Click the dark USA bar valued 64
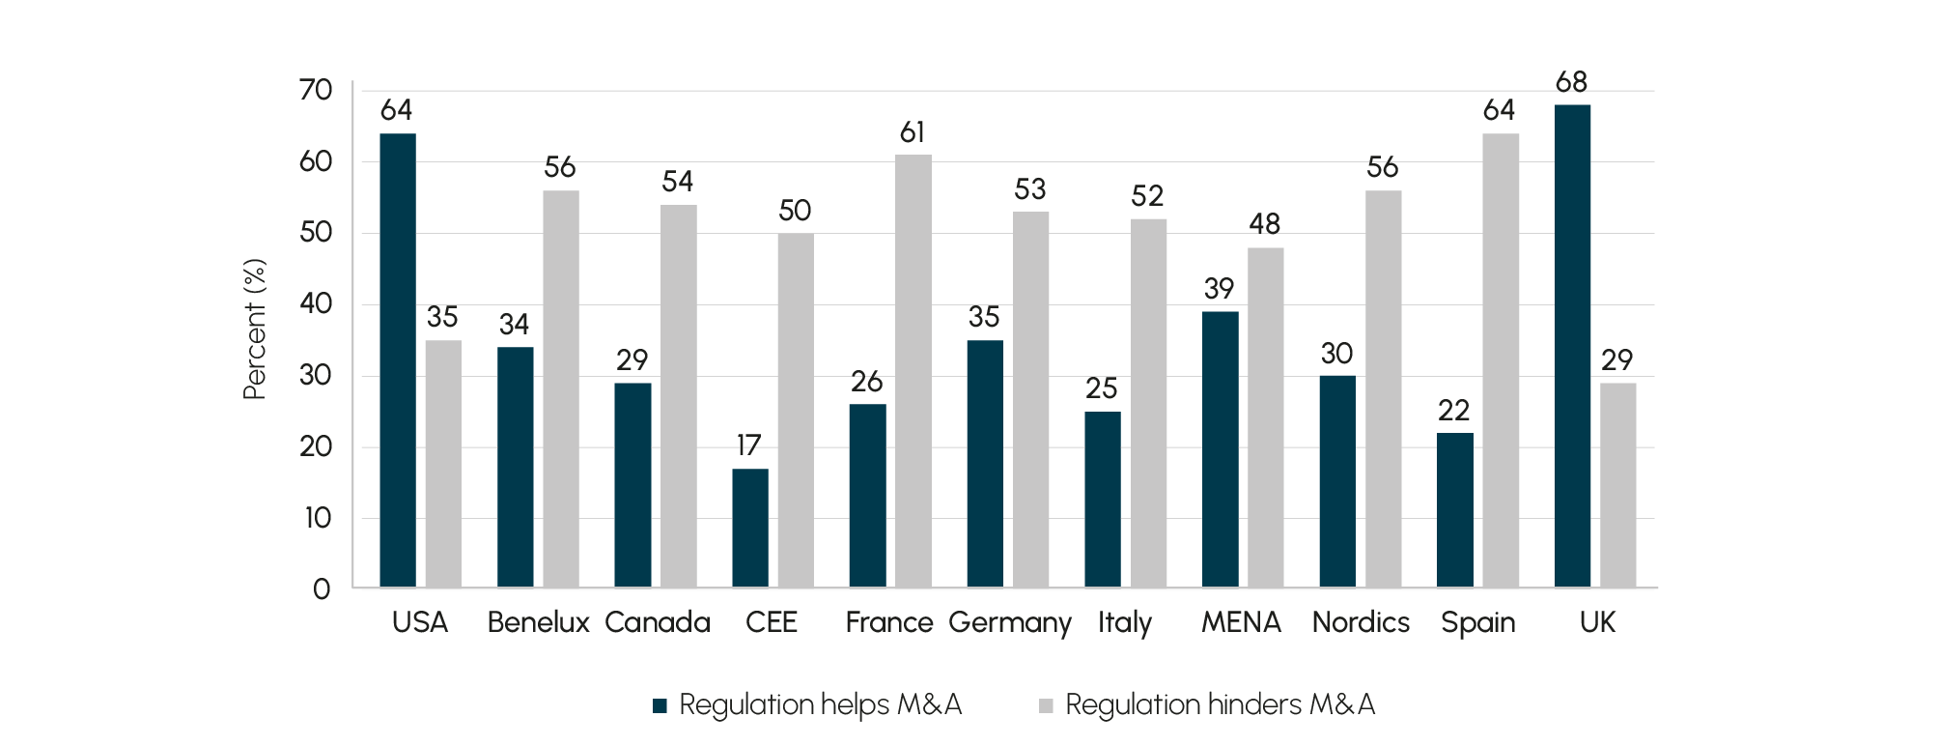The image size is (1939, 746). pyautogui.click(x=398, y=359)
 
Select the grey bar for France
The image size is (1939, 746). pyautogui.click(x=913, y=371)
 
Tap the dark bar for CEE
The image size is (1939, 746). pyautogui.click(x=749, y=528)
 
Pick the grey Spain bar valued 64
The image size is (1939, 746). pyautogui.click(x=1501, y=359)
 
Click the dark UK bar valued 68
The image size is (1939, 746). pyautogui.click(x=1572, y=346)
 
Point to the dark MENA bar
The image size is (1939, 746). pyautogui.click(x=1220, y=448)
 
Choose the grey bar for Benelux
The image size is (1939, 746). pyautogui.click(x=561, y=388)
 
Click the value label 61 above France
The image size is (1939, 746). pyautogui.click(x=913, y=132)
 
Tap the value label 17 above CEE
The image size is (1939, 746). pyautogui.click(x=749, y=445)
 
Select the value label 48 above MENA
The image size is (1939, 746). pyautogui.click(x=1265, y=224)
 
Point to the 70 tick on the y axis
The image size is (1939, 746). pyautogui.click(x=316, y=91)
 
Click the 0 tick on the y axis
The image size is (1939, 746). pyautogui.click(x=322, y=588)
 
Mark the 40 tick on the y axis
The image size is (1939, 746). pyautogui.click(x=316, y=304)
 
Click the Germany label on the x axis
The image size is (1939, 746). pyautogui.click(x=1010, y=623)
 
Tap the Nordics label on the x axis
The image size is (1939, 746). pyautogui.click(x=1361, y=622)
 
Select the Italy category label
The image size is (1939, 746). pyautogui.click(x=1125, y=623)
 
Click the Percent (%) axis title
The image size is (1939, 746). pyautogui.click(x=254, y=330)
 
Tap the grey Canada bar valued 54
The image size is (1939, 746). pyautogui.click(x=679, y=395)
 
